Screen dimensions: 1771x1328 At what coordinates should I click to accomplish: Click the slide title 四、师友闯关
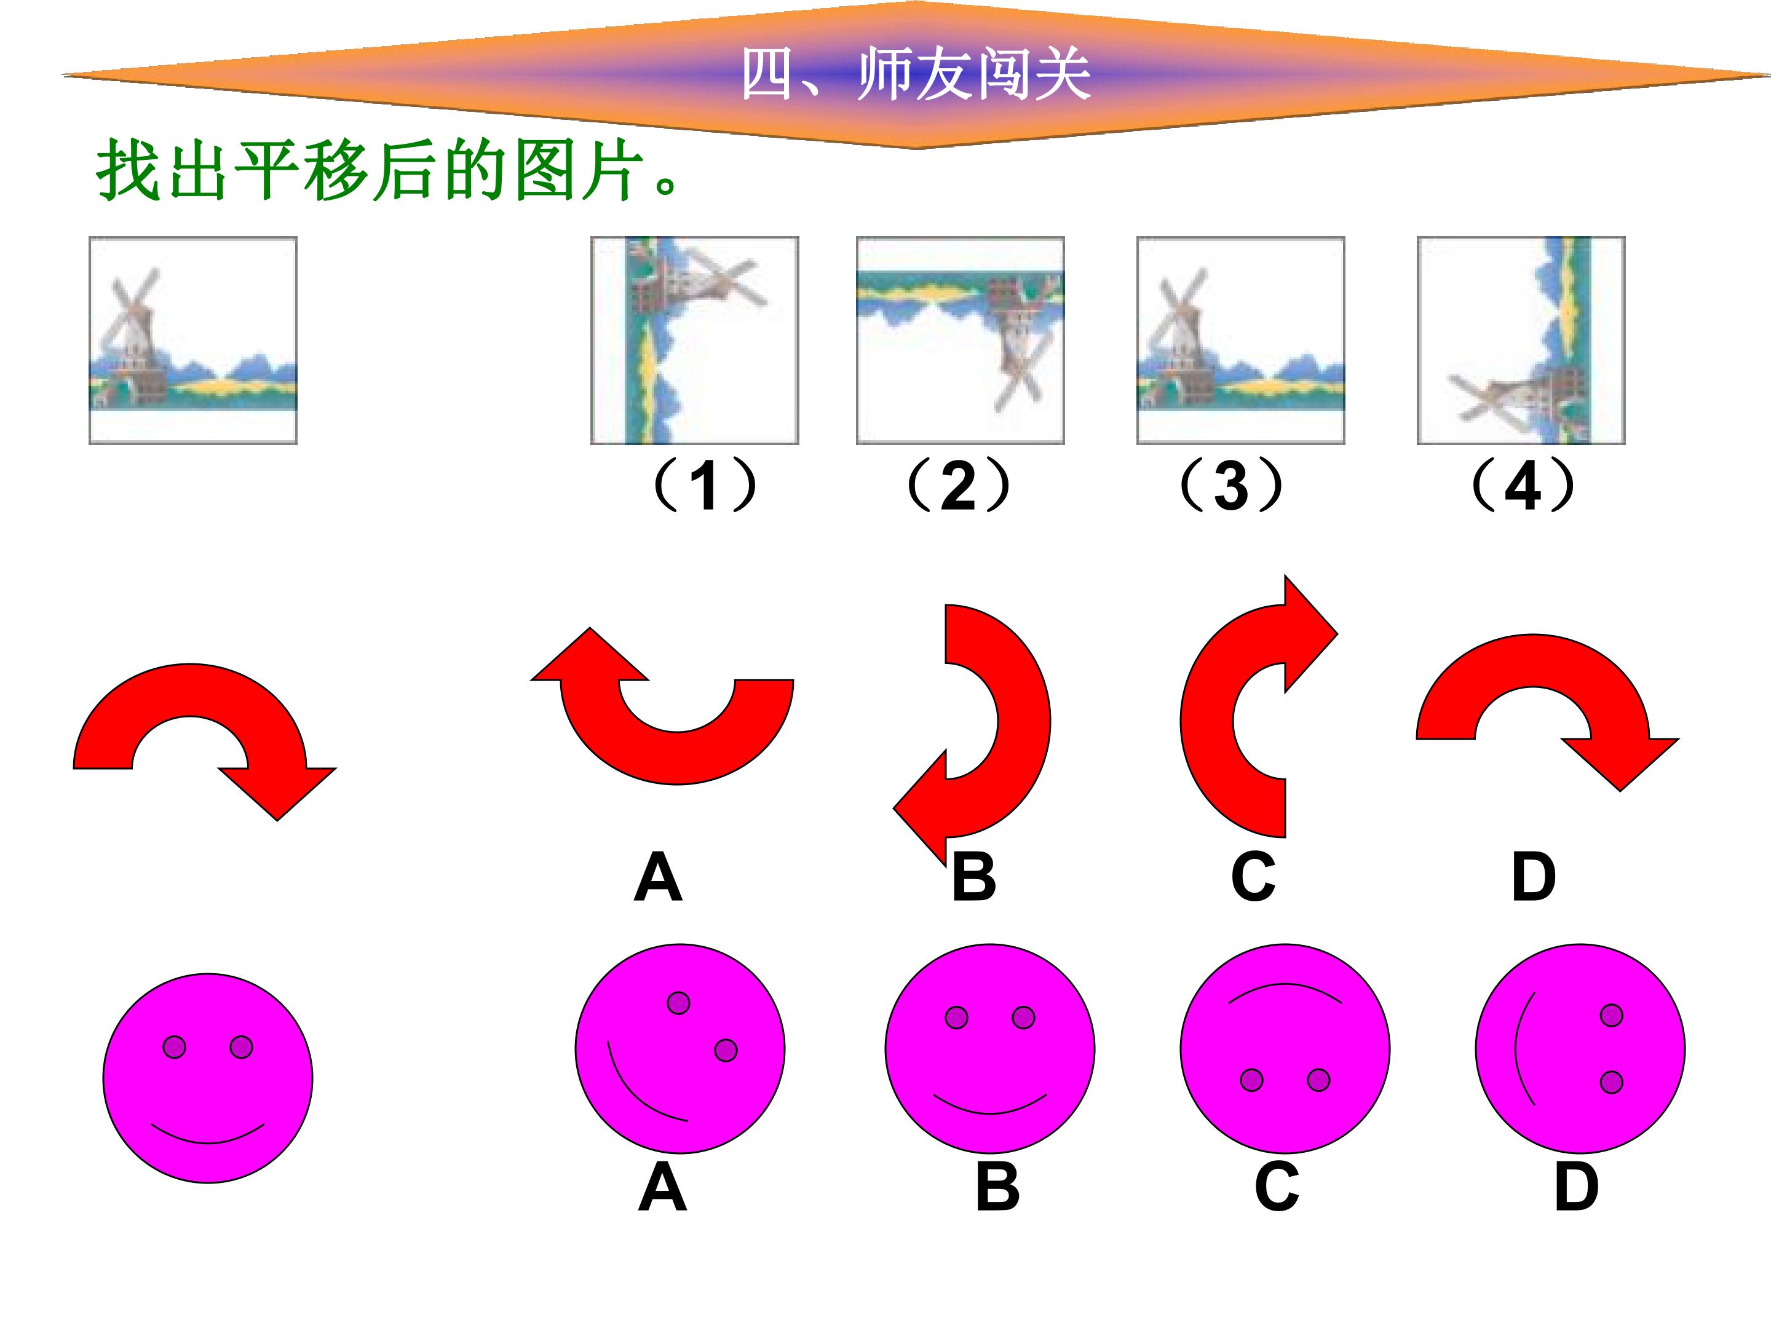coord(915,74)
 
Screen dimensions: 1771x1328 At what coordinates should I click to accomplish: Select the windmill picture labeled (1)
coord(694,340)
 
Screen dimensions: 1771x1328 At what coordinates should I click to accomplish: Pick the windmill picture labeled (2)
coord(960,340)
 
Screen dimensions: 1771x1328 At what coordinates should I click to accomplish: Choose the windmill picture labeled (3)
coord(1240,340)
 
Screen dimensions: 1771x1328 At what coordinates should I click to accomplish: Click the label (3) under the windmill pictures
coord(1231,486)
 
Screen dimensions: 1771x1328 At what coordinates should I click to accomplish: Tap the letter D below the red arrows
coord(1533,877)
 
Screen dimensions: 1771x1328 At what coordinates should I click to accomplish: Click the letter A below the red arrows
coord(657,877)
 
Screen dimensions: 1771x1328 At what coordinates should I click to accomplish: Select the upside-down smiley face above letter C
coord(1285,1049)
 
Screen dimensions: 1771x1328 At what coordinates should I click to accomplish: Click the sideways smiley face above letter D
coord(1580,1049)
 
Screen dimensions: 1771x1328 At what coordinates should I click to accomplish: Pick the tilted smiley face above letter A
coord(679,1049)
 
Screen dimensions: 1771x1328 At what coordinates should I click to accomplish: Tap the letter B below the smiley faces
coord(997,1187)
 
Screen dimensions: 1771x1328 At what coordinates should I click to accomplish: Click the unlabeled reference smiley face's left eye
coord(175,1047)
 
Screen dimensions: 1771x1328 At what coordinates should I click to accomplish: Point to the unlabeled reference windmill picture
coord(193,340)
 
